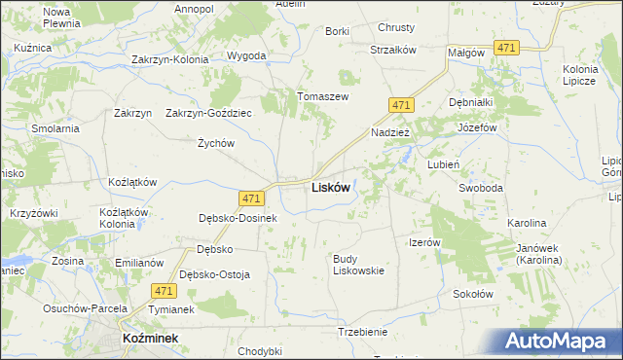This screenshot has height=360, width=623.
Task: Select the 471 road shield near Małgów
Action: [x=505, y=47]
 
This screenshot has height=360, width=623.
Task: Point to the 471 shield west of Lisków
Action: [x=251, y=198]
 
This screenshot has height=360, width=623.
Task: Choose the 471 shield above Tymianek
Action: [x=164, y=290]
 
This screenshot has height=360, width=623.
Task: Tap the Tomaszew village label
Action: [x=322, y=96]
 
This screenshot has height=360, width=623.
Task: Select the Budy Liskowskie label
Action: [x=359, y=264]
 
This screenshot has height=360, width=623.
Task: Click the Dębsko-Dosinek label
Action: [x=238, y=218]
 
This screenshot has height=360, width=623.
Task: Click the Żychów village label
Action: [x=216, y=143]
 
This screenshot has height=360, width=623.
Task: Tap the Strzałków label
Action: [x=393, y=50]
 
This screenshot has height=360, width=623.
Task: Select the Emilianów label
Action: [x=136, y=263]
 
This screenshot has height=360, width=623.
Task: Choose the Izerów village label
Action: [x=425, y=242]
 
